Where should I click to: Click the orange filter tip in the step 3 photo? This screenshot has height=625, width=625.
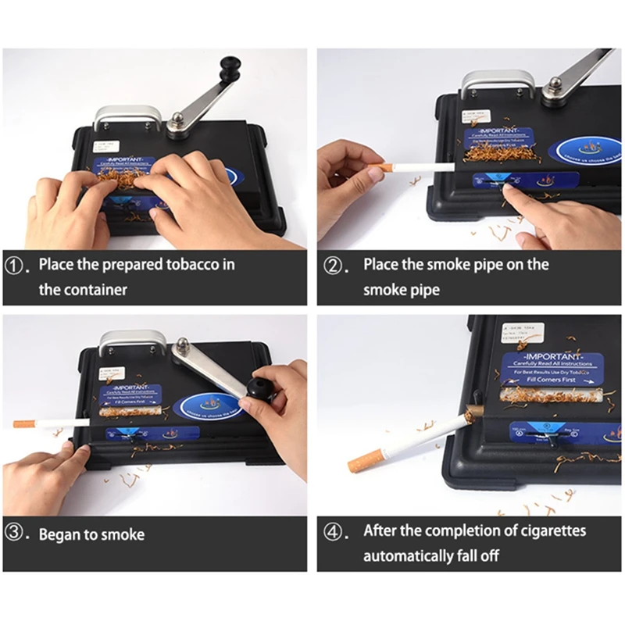[x=25, y=424]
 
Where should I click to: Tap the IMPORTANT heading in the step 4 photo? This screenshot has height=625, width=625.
[x=545, y=358]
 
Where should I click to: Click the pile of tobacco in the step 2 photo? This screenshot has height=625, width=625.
[x=500, y=152]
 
